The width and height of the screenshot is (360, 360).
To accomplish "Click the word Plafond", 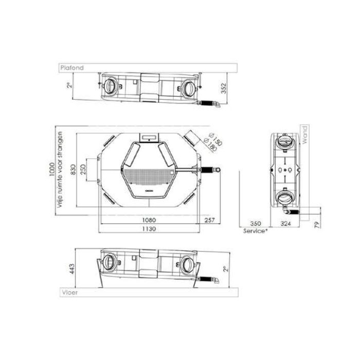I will click(71, 67).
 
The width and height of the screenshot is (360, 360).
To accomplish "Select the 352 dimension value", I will click(223, 90).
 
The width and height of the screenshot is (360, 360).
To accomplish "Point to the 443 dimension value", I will click(71, 268).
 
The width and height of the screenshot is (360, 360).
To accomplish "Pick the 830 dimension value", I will click(73, 170).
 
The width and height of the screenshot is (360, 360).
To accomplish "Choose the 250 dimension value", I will click(84, 169).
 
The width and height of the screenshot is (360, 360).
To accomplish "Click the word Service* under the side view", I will click(255, 231).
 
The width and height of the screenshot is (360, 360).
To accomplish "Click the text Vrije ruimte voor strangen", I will click(61, 170).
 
